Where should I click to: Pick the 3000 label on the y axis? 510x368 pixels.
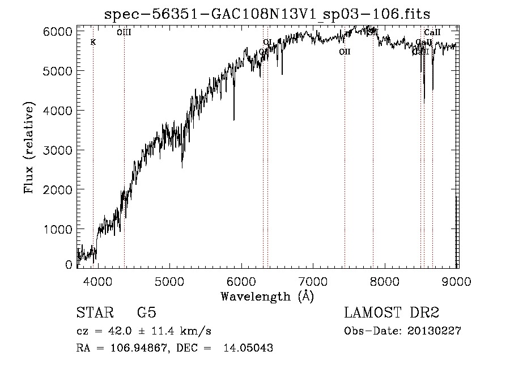tap(58, 150)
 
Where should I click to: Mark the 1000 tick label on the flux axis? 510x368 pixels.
tap(58, 229)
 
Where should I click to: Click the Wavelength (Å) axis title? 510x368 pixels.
tap(267, 296)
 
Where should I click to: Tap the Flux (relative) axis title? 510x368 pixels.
tap(29, 148)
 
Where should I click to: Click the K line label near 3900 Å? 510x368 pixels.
tap(93, 42)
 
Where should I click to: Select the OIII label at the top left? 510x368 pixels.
tap(124, 32)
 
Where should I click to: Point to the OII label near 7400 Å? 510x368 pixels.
tap(345, 52)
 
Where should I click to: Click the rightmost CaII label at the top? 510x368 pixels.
tap(432, 32)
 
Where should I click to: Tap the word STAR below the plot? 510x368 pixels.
tap(95, 314)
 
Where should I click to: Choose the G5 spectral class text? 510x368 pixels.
tap(146, 314)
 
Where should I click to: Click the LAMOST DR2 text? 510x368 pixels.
tap(392, 314)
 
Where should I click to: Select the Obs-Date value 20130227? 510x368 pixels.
tap(434, 331)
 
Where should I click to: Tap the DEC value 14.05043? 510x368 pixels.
tap(252, 348)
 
